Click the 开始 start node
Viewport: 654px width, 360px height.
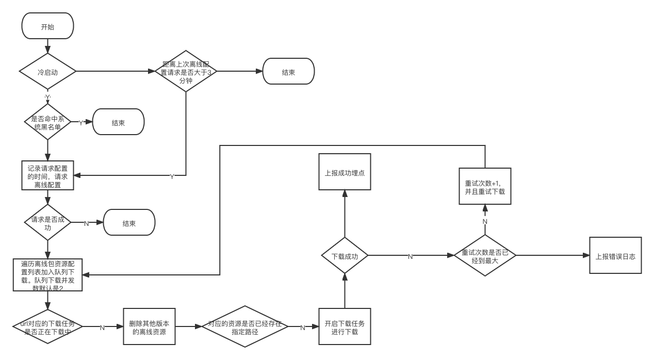pyautogui.click(x=47, y=26)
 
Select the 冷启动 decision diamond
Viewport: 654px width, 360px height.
pyautogui.click(x=47, y=72)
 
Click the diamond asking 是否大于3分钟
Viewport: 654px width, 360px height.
pyautogui.click(x=186, y=71)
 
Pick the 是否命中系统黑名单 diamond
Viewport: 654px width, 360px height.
pyautogui.click(x=47, y=122)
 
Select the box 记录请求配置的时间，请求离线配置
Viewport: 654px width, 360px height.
pyautogui.click(x=47, y=176)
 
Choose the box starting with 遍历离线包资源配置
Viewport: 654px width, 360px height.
pyautogui.click(x=47, y=275)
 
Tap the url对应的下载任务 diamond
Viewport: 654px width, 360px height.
pyautogui.click(x=47, y=327)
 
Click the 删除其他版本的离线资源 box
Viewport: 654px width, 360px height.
pyautogui.click(x=150, y=327)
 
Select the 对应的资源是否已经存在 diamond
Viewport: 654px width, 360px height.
pyautogui.click(x=244, y=327)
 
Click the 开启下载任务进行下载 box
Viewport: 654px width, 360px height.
pyautogui.click(x=345, y=327)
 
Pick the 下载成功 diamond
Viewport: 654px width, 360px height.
pyautogui.click(x=345, y=255)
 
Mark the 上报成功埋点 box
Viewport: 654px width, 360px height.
pyautogui.click(x=345, y=172)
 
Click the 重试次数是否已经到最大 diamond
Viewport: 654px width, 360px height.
pyautogui.click(x=485, y=255)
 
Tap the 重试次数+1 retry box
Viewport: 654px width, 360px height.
pyautogui.click(x=485, y=187)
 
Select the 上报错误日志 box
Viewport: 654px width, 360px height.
pyautogui.click(x=615, y=255)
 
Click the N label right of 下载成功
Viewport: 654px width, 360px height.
pyautogui.click(x=410, y=256)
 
